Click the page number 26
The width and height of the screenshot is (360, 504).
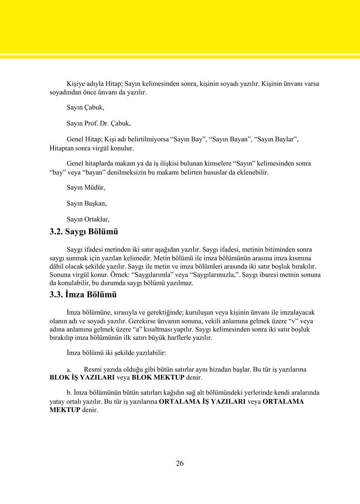tap(180, 463)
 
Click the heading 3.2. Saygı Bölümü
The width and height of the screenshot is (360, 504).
tap(84, 232)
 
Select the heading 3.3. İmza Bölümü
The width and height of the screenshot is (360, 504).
tap(83, 295)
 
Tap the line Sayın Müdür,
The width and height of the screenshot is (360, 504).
tap(86, 187)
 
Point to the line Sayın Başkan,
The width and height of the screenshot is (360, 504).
tap(86, 203)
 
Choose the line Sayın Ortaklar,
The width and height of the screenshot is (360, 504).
tap(88, 219)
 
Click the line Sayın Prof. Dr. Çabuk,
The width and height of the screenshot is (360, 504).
tap(98, 123)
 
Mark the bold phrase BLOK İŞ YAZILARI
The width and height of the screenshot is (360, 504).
tap(82, 378)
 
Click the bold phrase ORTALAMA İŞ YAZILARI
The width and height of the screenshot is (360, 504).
tap(202, 401)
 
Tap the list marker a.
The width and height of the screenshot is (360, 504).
tap(69, 370)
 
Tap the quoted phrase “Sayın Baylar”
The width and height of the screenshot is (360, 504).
tap(277, 139)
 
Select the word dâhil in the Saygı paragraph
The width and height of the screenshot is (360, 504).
tap(57, 266)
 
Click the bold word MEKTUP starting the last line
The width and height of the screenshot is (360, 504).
tap(65, 410)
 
